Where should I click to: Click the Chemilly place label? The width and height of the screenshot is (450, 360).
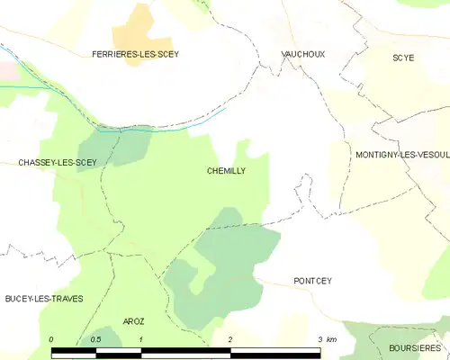[226, 170]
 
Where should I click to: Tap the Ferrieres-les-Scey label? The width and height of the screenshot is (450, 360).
[135, 54]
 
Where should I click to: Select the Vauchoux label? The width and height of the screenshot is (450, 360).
[302, 54]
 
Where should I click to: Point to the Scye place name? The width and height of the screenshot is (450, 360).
[403, 58]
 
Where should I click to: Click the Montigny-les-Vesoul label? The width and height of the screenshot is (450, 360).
[401, 155]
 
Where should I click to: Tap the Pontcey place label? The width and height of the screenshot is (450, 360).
[312, 281]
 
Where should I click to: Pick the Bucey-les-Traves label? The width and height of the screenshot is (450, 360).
[44, 298]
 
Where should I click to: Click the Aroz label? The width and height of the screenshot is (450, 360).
[133, 321]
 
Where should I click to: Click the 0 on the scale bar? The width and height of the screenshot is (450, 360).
[51, 339]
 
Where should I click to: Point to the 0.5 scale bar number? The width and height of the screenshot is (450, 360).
[96, 339]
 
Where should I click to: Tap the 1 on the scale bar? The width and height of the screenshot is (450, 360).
[141, 339]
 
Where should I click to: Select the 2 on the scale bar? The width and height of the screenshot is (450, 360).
[231, 339]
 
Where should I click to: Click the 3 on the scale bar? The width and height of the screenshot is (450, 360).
[320, 339]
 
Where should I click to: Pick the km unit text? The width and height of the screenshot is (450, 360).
[331, 339]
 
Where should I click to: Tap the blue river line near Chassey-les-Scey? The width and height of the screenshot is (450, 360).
[135, 129]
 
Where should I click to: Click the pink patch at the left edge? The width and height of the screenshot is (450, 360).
[7, 70]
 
